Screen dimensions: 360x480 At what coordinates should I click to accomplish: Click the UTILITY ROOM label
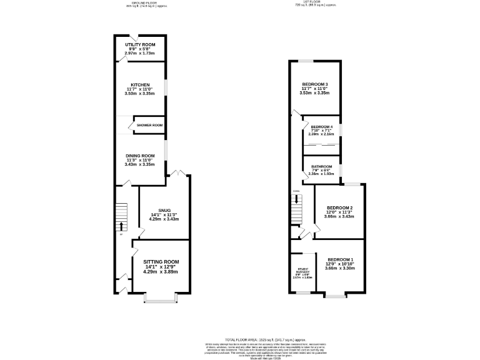pos(139,45)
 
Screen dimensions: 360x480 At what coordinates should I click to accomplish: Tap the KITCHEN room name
pos(139,84)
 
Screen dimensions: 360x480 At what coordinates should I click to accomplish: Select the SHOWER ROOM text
pos(149,125)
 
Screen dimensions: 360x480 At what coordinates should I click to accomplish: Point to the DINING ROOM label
pos(139,156)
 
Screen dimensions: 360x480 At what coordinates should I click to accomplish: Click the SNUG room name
pos(164,211)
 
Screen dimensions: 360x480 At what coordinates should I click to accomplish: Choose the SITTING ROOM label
pos(161,261)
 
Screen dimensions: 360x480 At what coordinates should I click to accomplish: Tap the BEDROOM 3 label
pos(315,84)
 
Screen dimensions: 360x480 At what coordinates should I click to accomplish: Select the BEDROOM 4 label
pos(322,127)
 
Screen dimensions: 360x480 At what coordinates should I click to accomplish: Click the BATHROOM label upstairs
pos(322,166)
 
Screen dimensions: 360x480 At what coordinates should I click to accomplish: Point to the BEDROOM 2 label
pos(340,207)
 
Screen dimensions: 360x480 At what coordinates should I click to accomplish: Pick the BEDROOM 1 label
pos(340,259)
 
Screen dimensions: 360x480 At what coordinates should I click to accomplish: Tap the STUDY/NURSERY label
pos(304,272)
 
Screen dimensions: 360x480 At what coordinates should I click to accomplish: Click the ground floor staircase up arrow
pos(121,224)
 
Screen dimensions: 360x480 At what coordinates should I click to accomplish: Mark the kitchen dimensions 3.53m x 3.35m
pos(139,93)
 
